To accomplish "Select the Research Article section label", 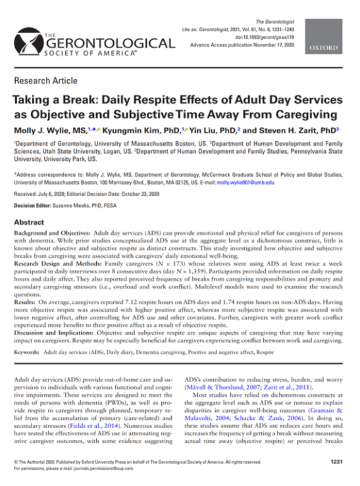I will click(x=46, y=81).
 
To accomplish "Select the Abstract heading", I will click(x=29, y=222).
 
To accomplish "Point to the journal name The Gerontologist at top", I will click(x=275, y=22).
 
